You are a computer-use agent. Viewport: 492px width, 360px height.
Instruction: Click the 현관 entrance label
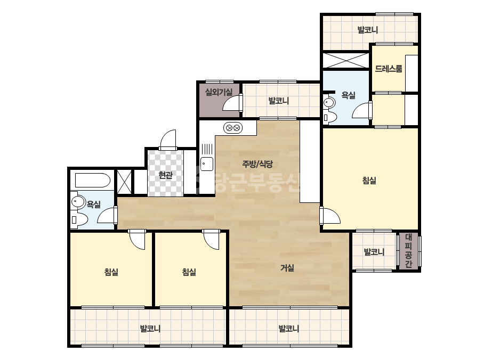pos(165,175)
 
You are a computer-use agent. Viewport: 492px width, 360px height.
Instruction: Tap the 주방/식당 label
pos(257,163)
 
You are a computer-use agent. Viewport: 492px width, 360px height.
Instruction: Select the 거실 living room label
pos(287,268)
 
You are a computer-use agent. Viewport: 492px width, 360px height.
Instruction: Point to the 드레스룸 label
pos(389,68)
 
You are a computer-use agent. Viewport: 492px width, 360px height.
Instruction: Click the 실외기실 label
pos(219,92)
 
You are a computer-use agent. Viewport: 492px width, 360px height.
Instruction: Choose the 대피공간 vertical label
pos(408,251)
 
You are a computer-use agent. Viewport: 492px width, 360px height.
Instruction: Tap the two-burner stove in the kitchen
pos(233,128)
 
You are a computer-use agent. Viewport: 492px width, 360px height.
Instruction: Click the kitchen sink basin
pos(207,164)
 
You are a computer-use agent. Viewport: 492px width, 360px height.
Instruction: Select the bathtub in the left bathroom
pos(93,181)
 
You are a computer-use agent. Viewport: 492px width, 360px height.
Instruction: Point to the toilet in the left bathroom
pos(79,220)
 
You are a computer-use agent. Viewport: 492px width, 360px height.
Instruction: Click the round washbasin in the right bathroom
pos(329,102)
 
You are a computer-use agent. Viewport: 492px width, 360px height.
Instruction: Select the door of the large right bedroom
pos(330,216)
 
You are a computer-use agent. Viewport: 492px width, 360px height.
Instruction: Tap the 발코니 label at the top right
pos(368,30)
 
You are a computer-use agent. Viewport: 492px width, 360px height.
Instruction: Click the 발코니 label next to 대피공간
pos(374,252)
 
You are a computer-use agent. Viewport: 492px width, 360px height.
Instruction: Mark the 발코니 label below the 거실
pos(289,329)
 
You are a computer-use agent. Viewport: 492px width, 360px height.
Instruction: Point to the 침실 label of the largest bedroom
pos(369,181)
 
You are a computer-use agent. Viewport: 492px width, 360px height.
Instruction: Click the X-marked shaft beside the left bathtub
pos(124,182)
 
